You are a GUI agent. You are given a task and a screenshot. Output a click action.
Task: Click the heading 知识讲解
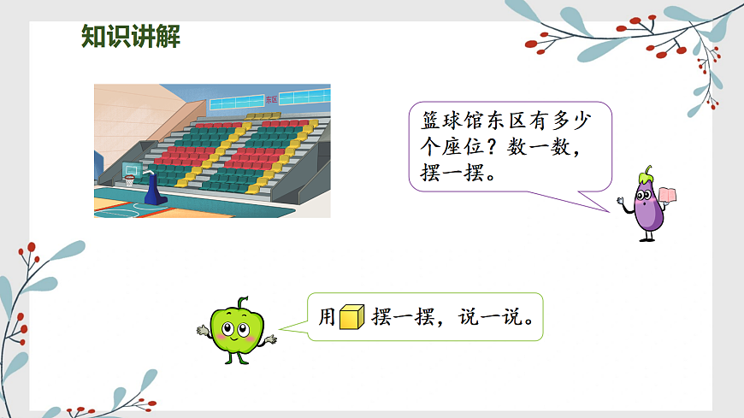[131, 37]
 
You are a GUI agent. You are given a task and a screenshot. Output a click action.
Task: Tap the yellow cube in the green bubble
[351, 317]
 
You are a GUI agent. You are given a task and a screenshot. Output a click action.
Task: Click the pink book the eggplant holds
[668, 195]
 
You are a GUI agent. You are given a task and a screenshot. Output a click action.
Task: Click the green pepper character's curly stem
[243, 303]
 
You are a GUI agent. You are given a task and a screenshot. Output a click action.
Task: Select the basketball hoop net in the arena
[130, 181]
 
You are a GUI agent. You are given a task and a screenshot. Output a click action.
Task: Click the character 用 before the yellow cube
[328, 318]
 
